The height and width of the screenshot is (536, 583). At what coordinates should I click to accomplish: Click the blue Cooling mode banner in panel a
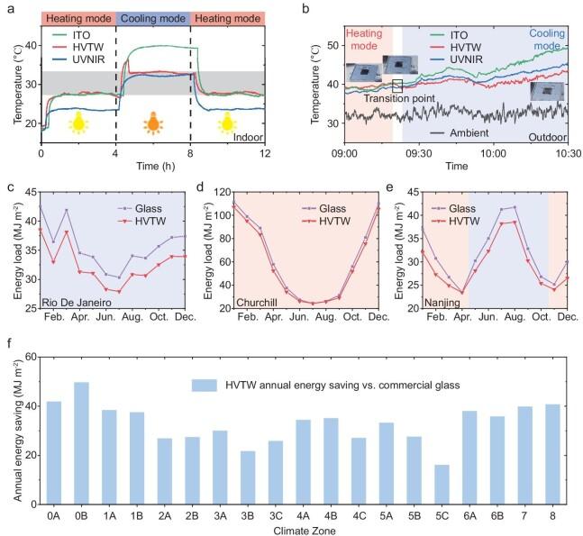[x=153, y=17]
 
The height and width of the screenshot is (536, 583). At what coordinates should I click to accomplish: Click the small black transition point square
[x=397, y=86]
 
